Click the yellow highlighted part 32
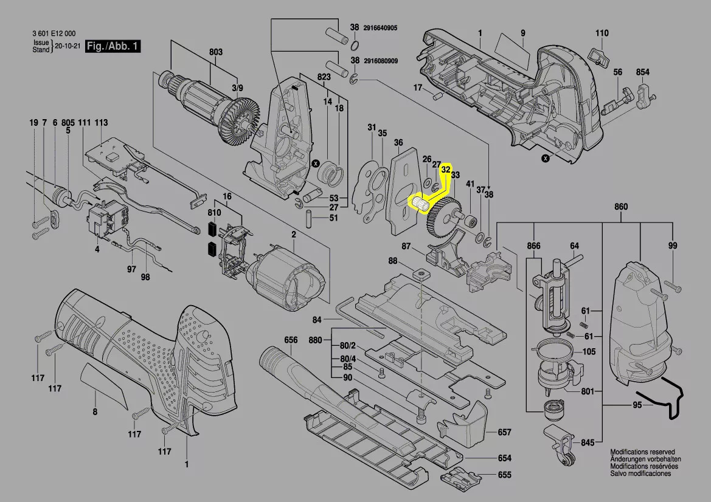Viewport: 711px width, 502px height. pos(420,204)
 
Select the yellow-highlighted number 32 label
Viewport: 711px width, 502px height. pos(446,170)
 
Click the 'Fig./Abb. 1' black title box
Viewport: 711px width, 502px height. pos(113,46)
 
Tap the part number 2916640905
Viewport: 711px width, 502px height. pos(380,27)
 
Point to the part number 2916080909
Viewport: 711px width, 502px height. pos(381,60)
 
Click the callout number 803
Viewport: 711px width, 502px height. pos(216,52)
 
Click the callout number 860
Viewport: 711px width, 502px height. pos(621,207)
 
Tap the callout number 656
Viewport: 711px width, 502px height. pos(291,340)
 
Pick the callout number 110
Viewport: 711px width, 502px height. pos(602,33)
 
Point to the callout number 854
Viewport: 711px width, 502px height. pos(642,72)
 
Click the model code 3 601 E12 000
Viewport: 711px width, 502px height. pos(54,33)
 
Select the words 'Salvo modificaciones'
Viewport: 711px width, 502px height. pos(640,473)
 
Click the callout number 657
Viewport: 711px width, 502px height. pos(505,432)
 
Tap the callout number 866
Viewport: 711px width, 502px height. pos(533,246)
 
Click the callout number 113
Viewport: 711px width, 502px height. pos(102,122)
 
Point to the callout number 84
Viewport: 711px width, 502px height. pos(317,320)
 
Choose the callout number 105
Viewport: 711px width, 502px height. pos(589,351)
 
